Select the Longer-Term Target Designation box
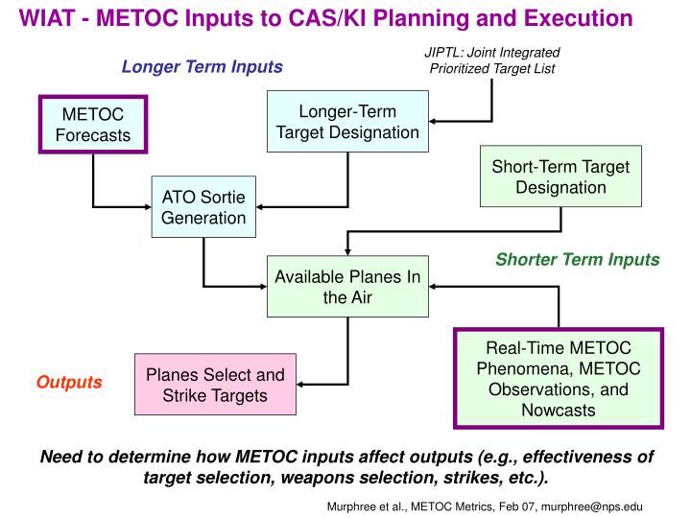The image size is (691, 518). point(347,121)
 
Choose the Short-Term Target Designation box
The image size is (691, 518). point(560,177)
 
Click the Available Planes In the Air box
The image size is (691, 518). point(347,287)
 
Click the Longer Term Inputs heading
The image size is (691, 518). point(202,67)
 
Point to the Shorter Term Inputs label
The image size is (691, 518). point(577,259)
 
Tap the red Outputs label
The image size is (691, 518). point(69,382)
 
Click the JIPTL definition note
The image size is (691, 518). point(491,59)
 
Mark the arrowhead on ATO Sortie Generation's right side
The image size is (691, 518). point(260,207)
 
